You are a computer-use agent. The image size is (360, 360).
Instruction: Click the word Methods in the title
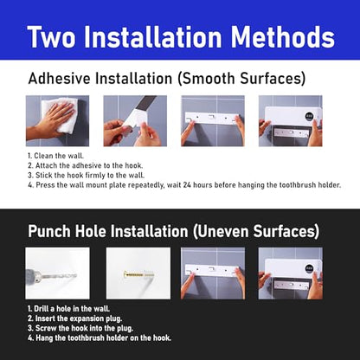(283, 37)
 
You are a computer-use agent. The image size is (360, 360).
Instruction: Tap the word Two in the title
(51, 37)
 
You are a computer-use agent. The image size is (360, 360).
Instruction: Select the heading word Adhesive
(60, 79)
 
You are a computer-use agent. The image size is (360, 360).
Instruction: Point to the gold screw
(138, 274)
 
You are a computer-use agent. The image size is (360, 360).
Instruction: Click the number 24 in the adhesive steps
(187, 185)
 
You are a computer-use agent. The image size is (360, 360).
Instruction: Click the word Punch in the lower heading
(49, 231)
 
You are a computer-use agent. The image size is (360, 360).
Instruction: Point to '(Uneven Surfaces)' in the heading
(256, 232)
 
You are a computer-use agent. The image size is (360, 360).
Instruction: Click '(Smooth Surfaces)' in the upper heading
(241, 79)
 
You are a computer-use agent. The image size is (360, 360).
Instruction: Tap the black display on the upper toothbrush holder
(309, 117)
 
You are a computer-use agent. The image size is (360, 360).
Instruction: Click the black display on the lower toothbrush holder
(309, 270)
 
